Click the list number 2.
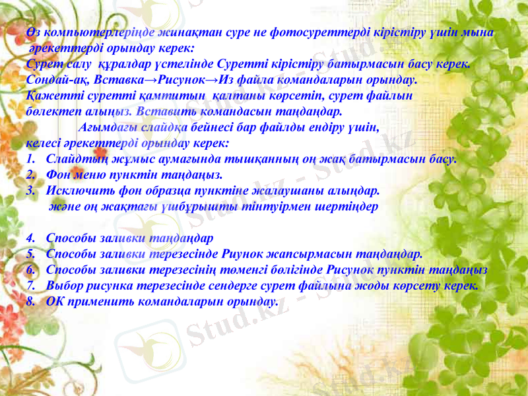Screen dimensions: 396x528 point(31,176)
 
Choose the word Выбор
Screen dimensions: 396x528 point(66,286)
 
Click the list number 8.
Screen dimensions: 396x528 point(31,302)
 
